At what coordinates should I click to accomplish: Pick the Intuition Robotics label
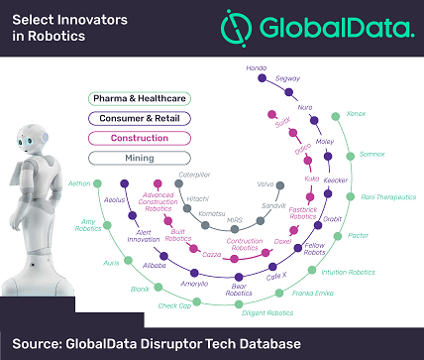[x=349, y=272]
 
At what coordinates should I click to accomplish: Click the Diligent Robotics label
[x=267, y=312]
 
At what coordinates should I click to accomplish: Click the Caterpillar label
[x=196, y=175]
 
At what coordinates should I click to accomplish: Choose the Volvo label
[x=292, y=184]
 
